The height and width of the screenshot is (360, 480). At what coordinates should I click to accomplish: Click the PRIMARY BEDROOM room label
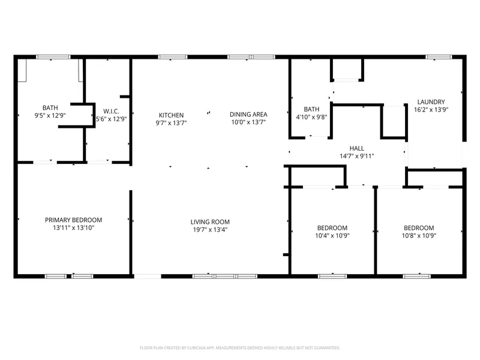coord(73,220)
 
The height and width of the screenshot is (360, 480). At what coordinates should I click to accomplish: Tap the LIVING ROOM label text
coord(210,222)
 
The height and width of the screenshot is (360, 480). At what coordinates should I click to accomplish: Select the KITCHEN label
coord(171,115)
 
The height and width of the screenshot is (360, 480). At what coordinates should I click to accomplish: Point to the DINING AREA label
coord(248,115)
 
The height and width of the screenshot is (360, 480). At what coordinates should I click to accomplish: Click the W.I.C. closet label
coord(111,112)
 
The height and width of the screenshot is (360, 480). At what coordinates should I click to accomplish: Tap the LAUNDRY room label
coord(431,102)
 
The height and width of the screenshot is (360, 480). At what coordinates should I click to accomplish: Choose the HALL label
coord(357,148)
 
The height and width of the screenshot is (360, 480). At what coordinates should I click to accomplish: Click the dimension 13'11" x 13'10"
coord(73,228)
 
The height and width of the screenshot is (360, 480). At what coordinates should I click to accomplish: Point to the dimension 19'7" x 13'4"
coord(210,230)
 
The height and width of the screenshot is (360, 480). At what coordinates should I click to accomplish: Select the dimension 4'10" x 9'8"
coord(311,117)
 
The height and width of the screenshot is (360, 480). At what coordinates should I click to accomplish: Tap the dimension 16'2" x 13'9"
coord(431,110)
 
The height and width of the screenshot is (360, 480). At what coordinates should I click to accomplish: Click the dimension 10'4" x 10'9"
coord(332,236)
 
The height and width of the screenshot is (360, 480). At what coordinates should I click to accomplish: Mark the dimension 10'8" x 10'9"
coord(419,236)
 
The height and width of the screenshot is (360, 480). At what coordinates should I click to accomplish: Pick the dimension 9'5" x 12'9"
coord(50,116)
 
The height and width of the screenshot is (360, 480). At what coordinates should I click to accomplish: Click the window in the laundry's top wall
coord(439,57)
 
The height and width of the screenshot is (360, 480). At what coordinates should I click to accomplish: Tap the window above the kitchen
coord(173,57)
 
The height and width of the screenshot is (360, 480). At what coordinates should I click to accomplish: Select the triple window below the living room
coord(225,277)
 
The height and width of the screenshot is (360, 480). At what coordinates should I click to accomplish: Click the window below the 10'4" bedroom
coord(332,277)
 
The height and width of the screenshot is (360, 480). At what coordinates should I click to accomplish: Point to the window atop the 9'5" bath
coord(53,57)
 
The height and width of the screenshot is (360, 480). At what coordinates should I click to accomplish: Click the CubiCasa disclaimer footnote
coord(240,348)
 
